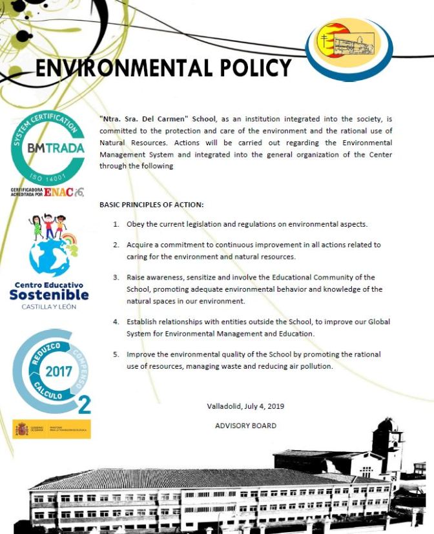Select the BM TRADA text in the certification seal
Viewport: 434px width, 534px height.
click(47, 148)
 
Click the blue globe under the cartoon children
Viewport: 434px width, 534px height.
click(49, 258)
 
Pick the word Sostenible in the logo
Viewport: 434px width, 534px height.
click(49, 295)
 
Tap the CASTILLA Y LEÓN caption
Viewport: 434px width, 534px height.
click(49, 307)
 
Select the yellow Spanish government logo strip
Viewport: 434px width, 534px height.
click(52, 429)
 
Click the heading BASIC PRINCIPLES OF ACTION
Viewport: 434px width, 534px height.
click(152, 205)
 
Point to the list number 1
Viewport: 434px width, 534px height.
click(116, 224)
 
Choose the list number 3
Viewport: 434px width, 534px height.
click(116, 278)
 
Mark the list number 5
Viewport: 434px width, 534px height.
click(116, 354)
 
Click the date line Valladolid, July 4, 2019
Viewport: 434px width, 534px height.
click(245, 406)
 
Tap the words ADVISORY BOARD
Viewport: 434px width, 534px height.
click(245, 426)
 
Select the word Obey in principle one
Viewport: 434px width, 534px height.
click(136, 224)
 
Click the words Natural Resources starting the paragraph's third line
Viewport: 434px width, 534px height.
click(128, 143)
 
